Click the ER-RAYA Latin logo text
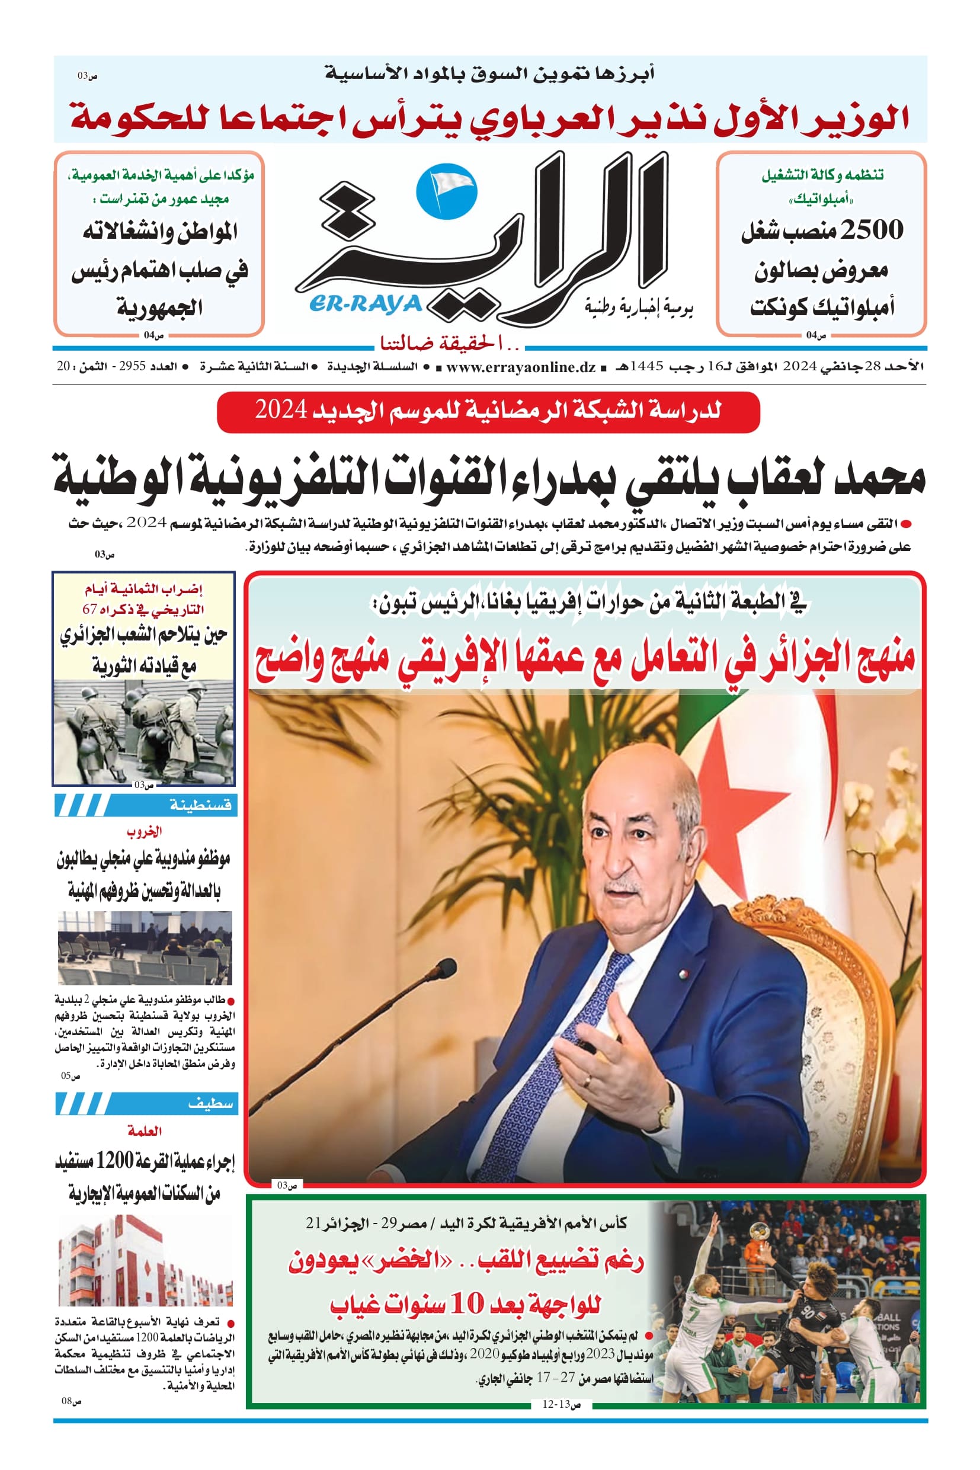coord(366,305)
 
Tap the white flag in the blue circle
coord(446,186)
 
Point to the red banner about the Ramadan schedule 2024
coord(488,411)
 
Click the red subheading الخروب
coord(145,831)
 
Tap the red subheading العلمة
coord(145,1130)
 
